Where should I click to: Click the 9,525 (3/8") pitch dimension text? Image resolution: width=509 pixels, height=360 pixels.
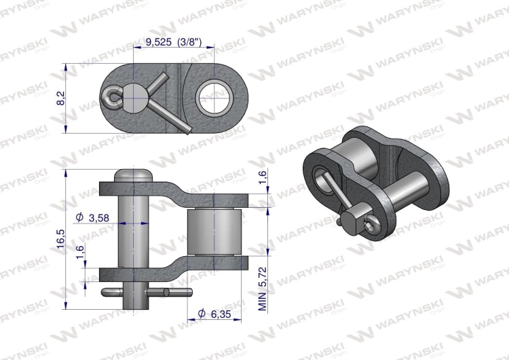coord(174,42)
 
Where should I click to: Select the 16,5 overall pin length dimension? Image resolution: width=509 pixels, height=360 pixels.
coord(60,239)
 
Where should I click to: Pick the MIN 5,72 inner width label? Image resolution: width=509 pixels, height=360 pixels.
coord(263,287)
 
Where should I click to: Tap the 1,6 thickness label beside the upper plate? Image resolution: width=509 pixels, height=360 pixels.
coord(263,180)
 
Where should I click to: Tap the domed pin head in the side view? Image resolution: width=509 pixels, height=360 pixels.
coord(133,175)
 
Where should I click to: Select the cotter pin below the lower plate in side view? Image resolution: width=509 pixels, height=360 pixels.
coord(146,293)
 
